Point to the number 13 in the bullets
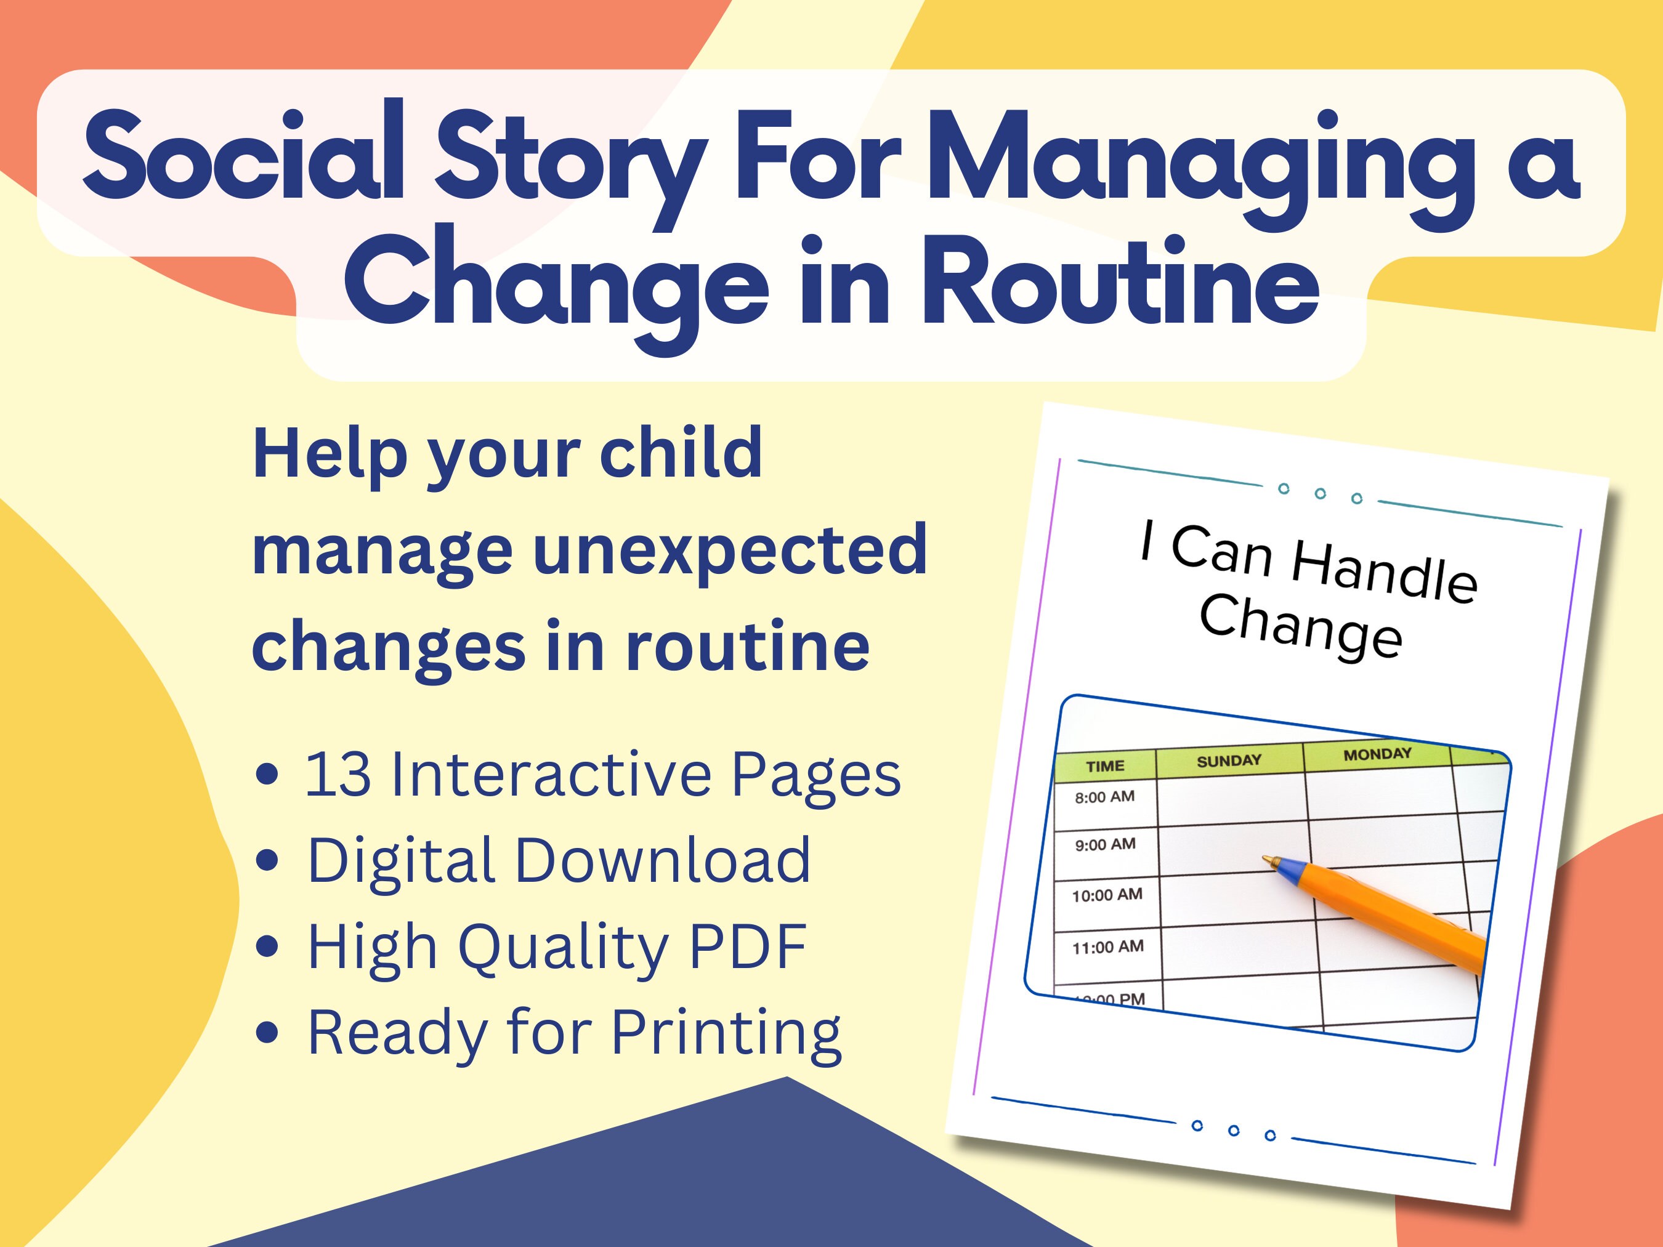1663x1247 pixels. (338, 774)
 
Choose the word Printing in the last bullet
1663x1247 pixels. (726, 1033)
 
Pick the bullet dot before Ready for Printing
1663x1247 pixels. (267, 1033)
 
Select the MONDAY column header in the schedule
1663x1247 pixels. (1377, 754)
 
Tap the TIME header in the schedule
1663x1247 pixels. (1104, 767)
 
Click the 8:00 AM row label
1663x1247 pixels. (1104, 797)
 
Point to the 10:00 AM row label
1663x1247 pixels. (1107, 895)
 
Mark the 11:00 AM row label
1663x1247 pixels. (1107, 947)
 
